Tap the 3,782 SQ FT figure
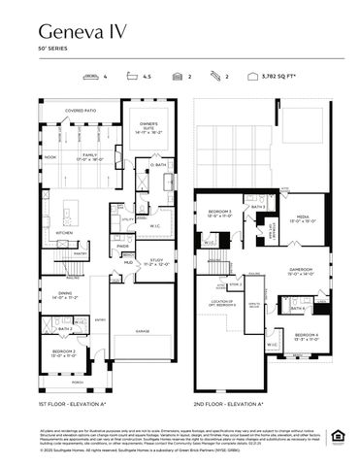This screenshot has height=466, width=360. coord(285,75)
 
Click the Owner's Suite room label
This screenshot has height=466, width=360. coord(149,126)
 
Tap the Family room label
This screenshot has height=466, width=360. coord(89,155)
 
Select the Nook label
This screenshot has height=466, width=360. coord(50,156)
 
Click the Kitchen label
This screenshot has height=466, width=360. coord(63,233)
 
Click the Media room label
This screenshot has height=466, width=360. coord(302,218)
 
